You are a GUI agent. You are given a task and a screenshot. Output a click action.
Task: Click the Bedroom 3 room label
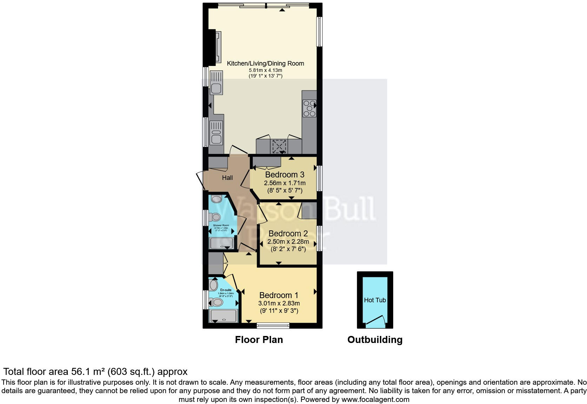tap(284, 175)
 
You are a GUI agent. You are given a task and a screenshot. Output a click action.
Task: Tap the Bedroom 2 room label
tap(288, 234)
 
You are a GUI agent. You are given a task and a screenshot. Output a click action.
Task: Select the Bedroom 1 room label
tap(279, 295)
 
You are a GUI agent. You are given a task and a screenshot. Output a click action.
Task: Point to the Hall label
tap(227, 178)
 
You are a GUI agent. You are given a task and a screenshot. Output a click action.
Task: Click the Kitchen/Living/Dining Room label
tap(265, 63)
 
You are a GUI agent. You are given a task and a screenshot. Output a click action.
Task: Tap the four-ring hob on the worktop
tap(309, 108)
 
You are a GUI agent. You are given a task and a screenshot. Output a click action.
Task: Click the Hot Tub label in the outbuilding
tap(375, 300)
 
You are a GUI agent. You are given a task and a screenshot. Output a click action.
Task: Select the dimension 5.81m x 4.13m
tap(265, 70)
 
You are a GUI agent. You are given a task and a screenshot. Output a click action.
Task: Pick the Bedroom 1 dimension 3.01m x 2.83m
tap(279, 303)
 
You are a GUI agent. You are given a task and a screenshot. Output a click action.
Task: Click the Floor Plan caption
tap(259, 339)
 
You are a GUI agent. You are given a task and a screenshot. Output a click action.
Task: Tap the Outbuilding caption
tap(375, 339)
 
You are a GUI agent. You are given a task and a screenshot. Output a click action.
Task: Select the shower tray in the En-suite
tap(223, 316)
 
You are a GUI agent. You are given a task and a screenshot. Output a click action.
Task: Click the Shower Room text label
tap(221, 225)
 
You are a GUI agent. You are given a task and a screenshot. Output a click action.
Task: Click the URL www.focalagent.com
tap(375, 399)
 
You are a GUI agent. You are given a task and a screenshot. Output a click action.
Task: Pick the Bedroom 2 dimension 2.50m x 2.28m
tap(288, 242)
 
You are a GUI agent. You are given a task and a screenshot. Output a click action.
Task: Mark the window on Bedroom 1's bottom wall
tap(273, 326)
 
